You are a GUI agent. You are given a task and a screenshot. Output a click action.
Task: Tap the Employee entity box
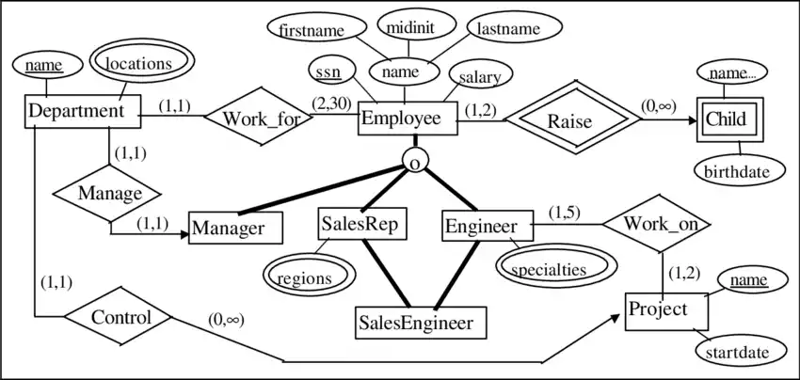pyautogui.click(x=407, y=119)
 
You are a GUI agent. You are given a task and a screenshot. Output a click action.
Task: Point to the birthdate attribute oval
pyautogui.click(x=739, y=171)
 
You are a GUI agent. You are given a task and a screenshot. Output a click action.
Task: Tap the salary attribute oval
pyautogui.click(x=480, y=75)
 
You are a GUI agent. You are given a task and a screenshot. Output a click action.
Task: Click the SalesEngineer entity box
pyautogui.click(x=420, y=323)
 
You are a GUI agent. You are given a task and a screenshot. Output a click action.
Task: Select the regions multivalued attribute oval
pyautogui.click(x=305, y=277)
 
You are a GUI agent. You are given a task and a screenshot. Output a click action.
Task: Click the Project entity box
pyautogui.click(x=664, y=309)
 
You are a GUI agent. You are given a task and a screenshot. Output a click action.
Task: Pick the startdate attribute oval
pyautogui.click(x=739, y=353)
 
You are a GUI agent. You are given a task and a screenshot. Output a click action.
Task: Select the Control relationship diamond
pyautogui.click(x=121, y=317)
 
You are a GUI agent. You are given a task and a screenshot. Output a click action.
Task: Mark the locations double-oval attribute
pyautogui.click(x=138, y=65)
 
